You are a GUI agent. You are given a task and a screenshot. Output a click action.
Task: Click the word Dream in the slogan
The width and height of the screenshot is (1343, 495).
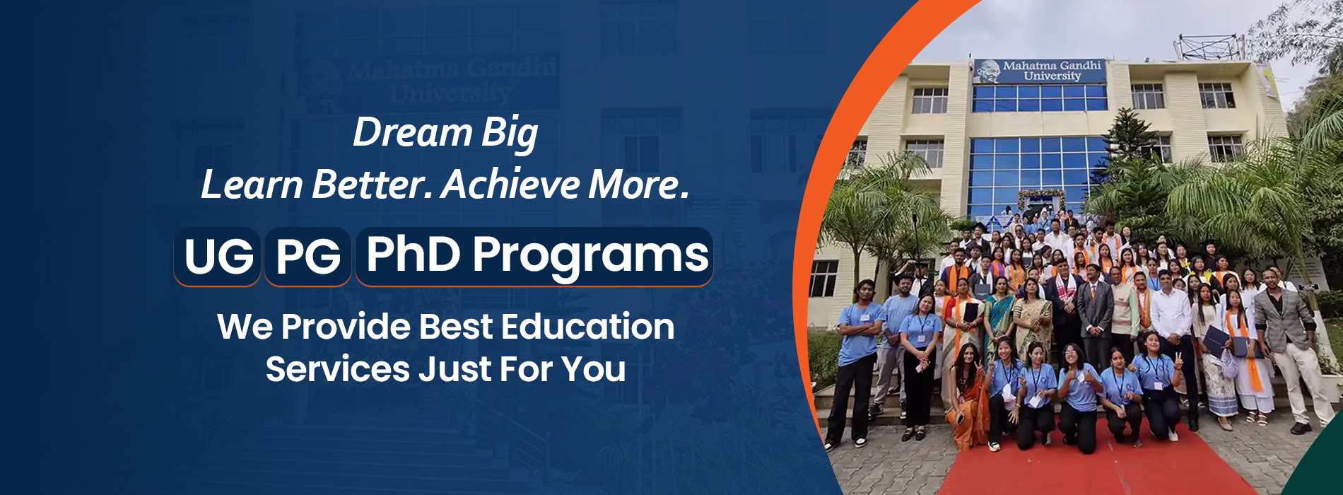413,132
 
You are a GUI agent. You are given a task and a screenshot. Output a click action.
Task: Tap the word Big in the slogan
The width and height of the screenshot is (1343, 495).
510,134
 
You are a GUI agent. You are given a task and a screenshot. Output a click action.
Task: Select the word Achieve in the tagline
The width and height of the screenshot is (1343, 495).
510,185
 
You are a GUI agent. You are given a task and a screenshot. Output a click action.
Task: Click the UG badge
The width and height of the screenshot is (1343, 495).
218,256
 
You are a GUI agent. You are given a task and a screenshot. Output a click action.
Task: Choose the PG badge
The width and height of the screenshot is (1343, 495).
307,256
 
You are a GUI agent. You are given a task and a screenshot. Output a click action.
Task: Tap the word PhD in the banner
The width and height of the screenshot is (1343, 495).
414,254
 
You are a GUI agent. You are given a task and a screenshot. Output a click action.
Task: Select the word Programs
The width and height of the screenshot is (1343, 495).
591,257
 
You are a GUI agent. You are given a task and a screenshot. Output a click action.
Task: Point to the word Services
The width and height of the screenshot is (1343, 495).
338,369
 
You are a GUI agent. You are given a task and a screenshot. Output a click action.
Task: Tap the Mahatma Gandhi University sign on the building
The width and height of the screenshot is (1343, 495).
1039,71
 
